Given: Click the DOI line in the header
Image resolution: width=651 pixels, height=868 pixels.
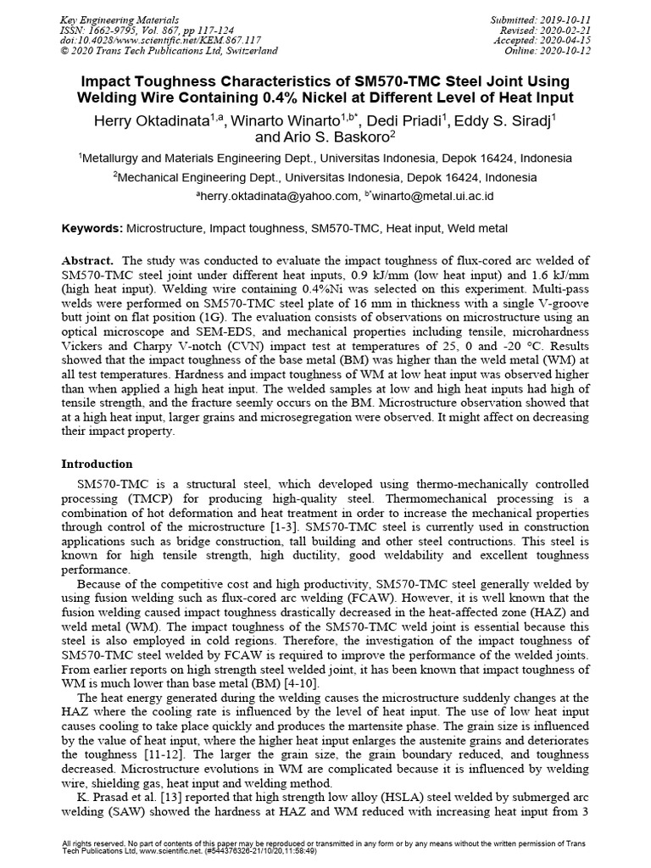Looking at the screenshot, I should coord(150,40).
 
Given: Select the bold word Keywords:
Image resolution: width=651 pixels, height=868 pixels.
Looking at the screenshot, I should coord(92,229).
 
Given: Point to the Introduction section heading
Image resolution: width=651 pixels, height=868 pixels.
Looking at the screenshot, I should coord(97,464).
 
